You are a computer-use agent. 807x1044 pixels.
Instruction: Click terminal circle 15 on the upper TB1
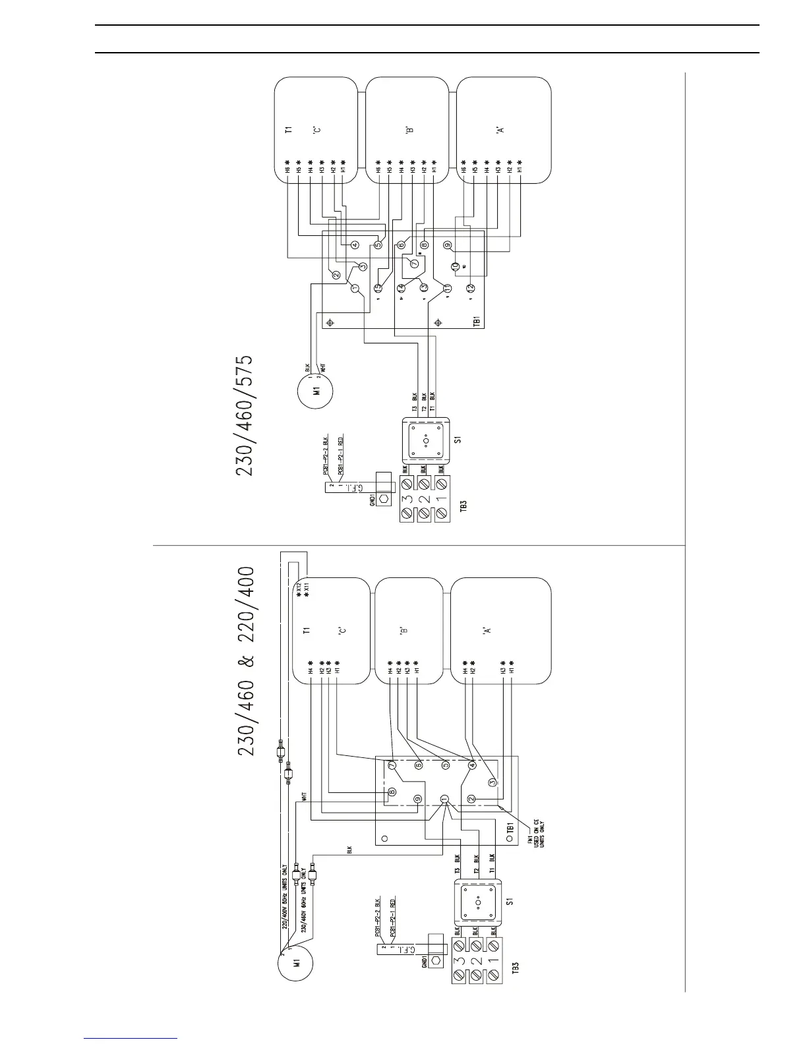pos(378,288)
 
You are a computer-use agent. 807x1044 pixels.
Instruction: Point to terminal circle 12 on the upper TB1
pos(470,288)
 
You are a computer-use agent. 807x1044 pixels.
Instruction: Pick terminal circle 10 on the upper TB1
pos(455,266)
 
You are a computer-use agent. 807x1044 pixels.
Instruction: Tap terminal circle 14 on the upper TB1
pos(402,288)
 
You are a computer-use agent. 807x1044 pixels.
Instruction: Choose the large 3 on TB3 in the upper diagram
pos(407,513)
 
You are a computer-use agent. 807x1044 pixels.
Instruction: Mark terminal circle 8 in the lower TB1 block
pos(392,792)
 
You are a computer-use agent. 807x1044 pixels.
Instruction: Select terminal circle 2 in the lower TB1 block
pos(471,799)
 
